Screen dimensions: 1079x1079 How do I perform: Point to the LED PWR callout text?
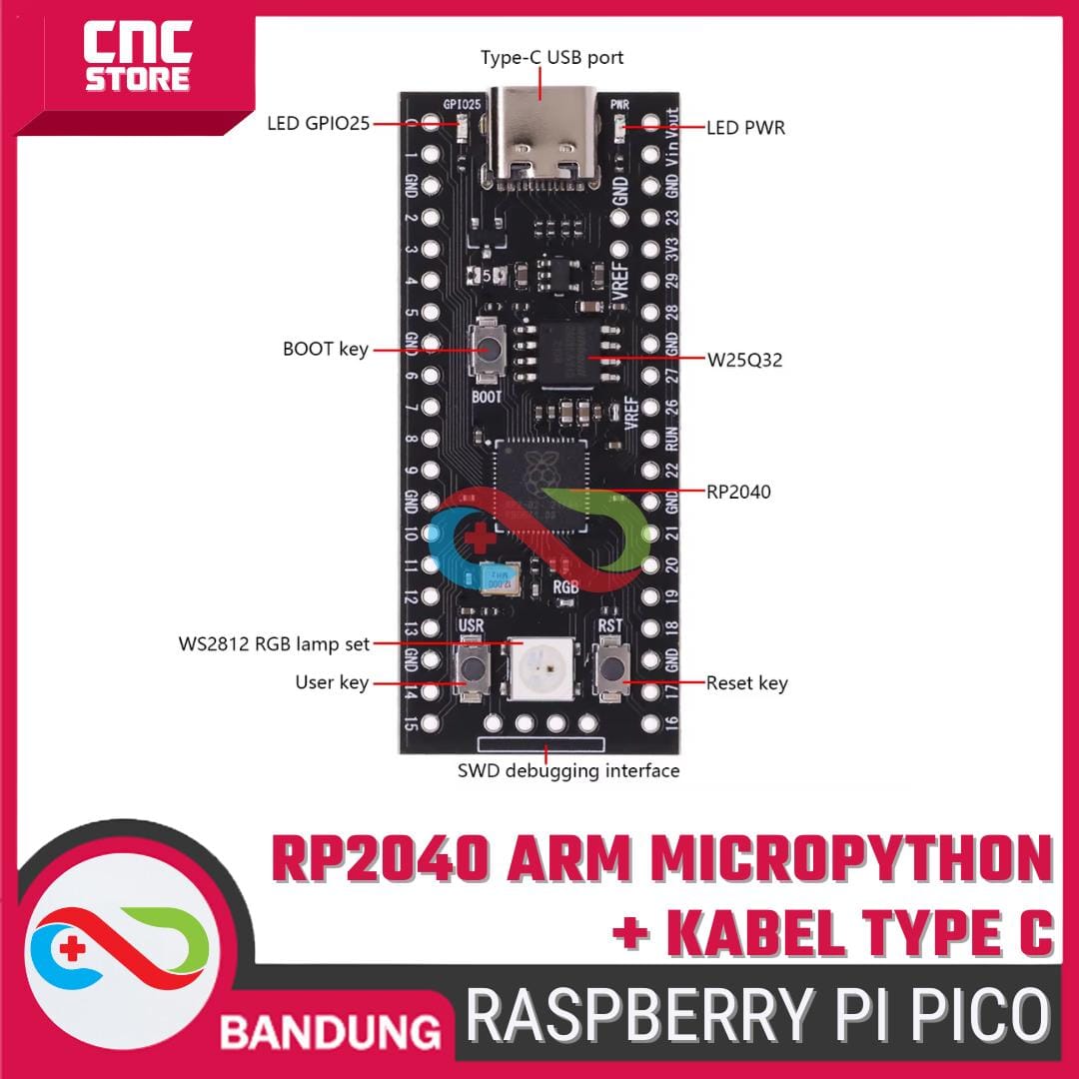point(745,128)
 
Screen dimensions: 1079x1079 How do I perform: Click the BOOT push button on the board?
point(489,350)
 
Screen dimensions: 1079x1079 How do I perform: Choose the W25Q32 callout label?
point(744,360)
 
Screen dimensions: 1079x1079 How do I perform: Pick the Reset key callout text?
point(746,683)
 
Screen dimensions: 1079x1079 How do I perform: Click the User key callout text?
point(332,683)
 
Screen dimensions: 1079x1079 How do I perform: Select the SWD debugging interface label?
point(568,770)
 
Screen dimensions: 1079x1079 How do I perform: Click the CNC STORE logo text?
point(137,60)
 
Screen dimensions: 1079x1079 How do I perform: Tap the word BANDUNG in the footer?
point(330,1030)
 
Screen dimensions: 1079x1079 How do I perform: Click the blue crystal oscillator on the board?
point(496,577)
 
